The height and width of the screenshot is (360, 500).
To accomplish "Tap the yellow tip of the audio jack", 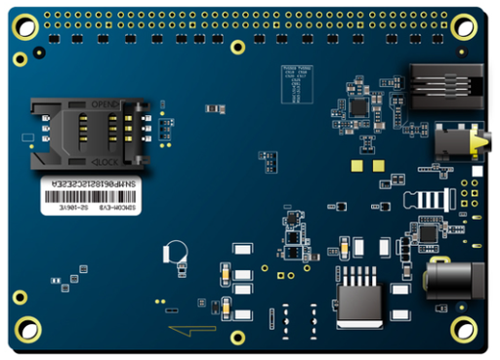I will pos(476,144).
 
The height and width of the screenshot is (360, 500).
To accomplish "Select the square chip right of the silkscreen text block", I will pos(360,104).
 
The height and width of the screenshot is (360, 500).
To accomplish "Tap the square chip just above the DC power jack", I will pos(426,233).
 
